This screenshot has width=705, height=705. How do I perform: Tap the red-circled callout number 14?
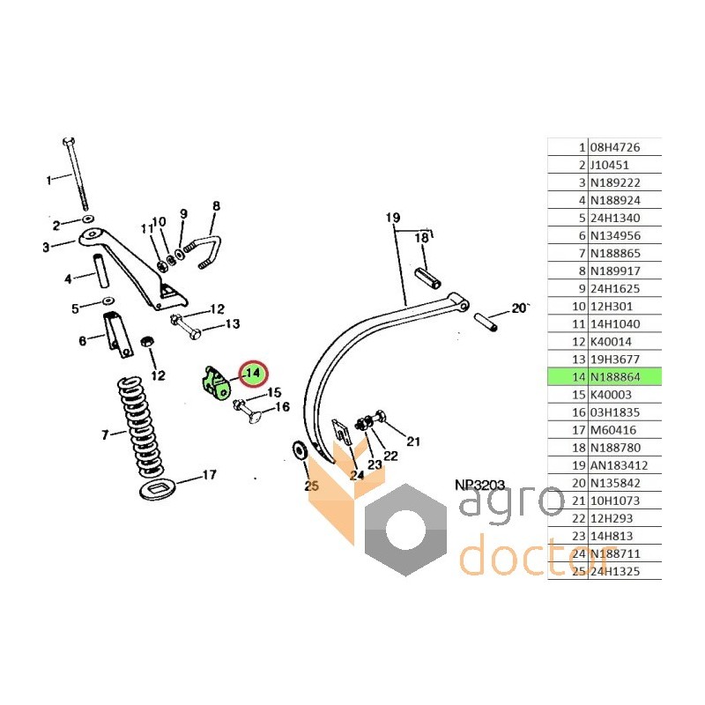click(254, 374)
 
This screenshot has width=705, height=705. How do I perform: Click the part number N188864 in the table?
click(627, 376)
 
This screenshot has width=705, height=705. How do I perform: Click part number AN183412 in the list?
click(627, 464)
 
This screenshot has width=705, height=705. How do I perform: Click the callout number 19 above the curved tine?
click(393, 217)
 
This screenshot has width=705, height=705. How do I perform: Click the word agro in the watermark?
click(510, 505)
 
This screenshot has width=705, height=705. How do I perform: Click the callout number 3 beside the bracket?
click(46, 247)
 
